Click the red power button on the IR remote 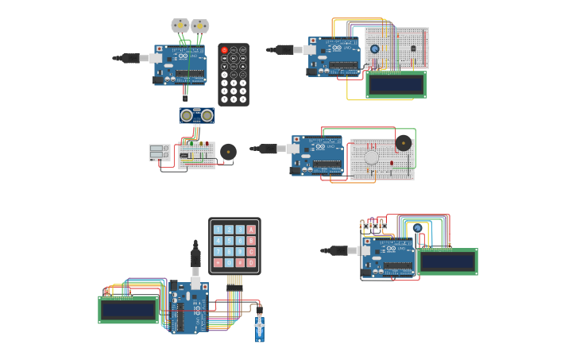224,50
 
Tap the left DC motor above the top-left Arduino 180,25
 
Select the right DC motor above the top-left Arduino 199,25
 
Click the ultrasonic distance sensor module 196,116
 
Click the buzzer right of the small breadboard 229,151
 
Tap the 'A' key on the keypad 252,230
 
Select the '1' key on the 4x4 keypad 218,230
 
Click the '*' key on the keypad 218,263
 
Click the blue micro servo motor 260,327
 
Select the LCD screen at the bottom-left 128,310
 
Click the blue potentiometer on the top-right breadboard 374,49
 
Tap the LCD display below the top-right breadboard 396,84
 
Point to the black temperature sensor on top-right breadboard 412,48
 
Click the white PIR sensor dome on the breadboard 372,157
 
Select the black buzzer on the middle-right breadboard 404,143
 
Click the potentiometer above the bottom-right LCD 417,229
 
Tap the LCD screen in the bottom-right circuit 447,261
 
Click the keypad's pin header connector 234,280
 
